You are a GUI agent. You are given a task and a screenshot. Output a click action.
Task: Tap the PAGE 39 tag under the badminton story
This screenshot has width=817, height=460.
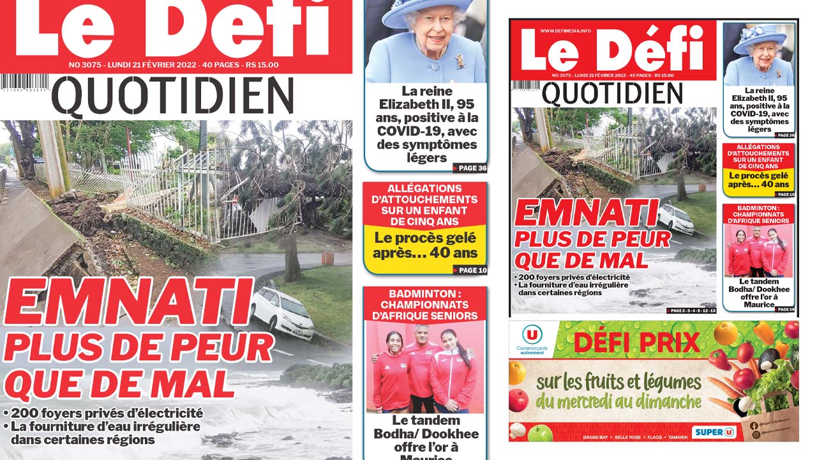(784, 309)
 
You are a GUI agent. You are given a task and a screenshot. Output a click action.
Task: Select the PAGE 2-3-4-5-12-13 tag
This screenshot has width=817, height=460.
(692, 310)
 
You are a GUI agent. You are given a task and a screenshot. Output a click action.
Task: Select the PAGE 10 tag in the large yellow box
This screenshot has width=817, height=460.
(470, 270)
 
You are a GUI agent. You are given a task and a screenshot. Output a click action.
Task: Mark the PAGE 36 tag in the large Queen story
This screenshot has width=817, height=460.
(470, 169)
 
